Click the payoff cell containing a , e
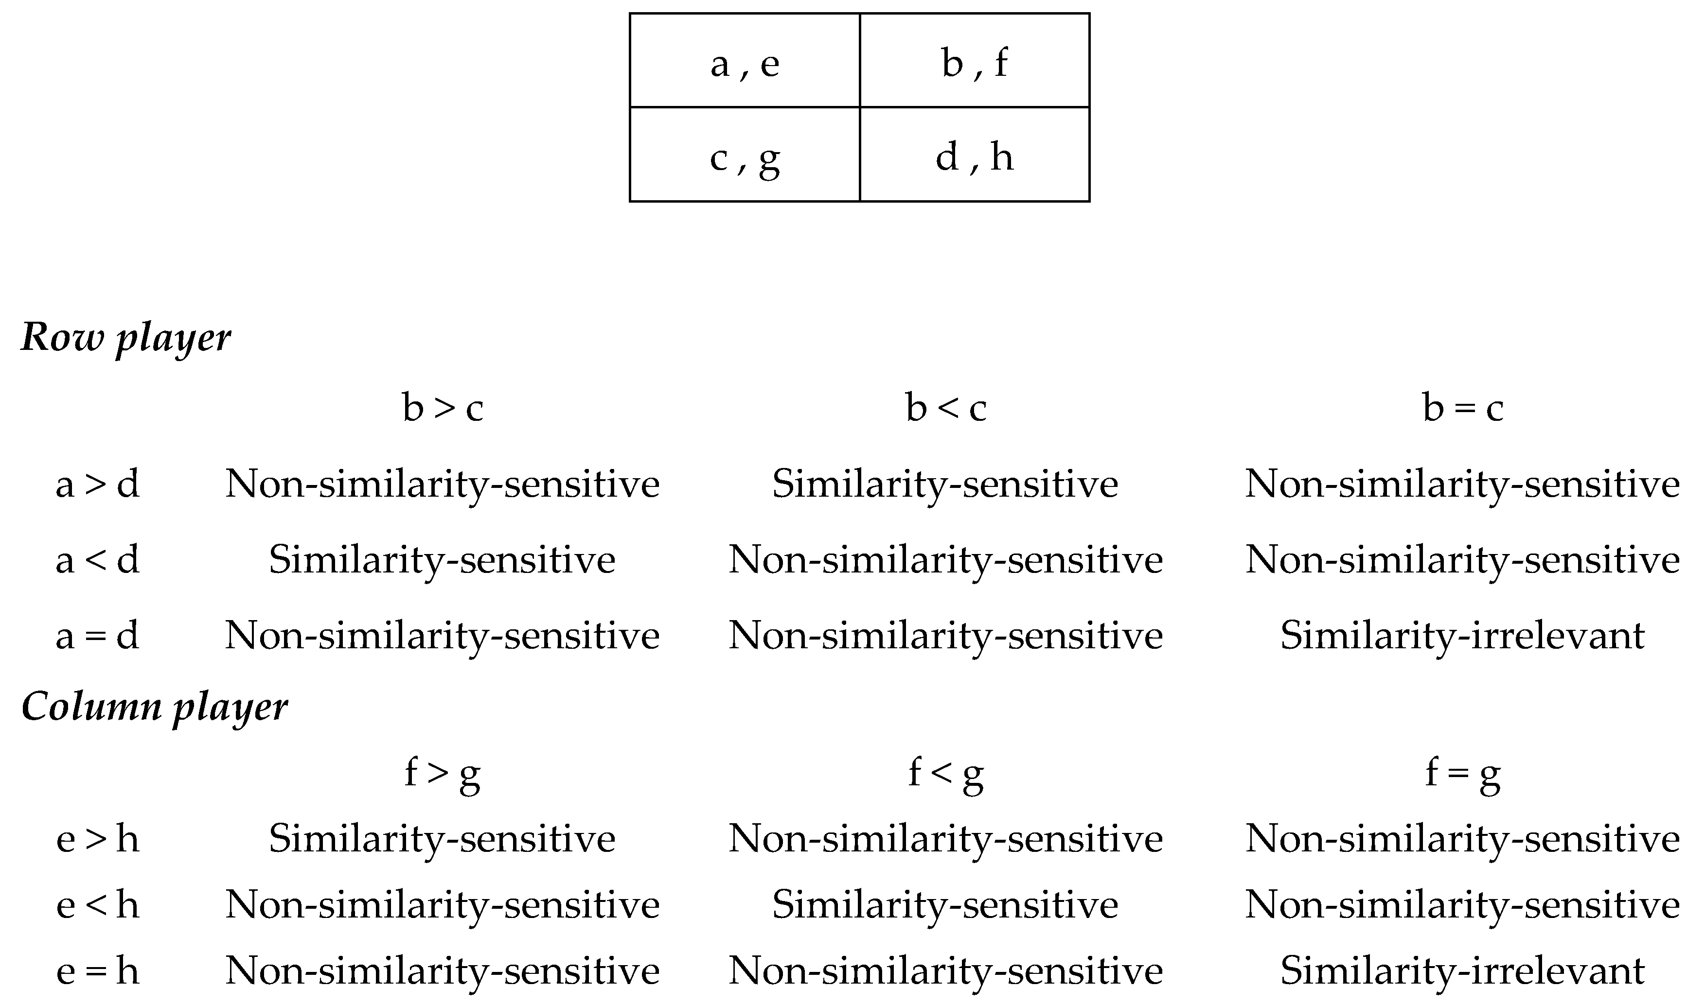[x=745, y=61]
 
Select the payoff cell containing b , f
[x=975, y=61]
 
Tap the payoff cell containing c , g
[x=745, y=155]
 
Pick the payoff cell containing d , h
[x=975, y=155]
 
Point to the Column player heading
[x=154, y=706]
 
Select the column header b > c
[x=443, y=408]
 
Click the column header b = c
[x=1463, y=408]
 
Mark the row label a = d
[x=97, y=636]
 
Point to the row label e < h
[x=97, y=904]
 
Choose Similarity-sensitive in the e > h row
[x=443, y=839]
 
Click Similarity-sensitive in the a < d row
[x=443, y=560]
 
